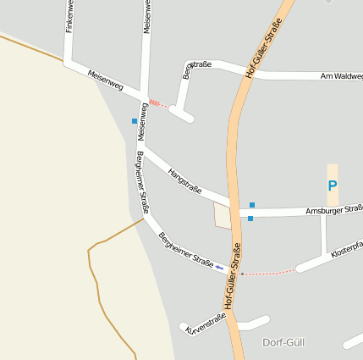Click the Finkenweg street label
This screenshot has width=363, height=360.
click(x=69, y=16)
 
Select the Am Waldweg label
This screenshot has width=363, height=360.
click(x=342, y=77)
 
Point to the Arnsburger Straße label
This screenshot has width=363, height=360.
click(x=333, y=208)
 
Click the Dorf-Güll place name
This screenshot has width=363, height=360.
click(x=283, y=342)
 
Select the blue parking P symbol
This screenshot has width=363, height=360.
click(x=333, y=186)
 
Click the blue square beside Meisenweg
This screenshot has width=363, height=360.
click(x=135, y=121)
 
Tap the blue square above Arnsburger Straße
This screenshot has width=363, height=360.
click(x=251, y=204)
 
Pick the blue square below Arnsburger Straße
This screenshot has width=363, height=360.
click(x=250, y=219)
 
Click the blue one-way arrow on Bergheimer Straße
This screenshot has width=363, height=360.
click(x=220, y=267)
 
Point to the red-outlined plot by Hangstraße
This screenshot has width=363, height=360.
click(x=223, y=215)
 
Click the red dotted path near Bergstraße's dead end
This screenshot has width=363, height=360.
click(x=158, y=103)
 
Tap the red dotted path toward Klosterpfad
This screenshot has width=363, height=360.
click(x=270, y=273)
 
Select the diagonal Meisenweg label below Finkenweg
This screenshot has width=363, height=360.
click(x=105, y=80)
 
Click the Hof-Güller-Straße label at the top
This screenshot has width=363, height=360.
click(x=263, y=52)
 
